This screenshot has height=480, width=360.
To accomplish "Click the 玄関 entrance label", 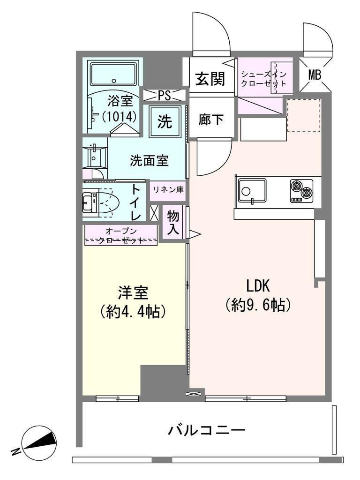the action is (x=210, y=78).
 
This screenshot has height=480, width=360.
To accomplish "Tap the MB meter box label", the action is (x=315, y=75).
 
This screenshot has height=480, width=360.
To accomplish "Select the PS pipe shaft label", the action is (x=164, y=96).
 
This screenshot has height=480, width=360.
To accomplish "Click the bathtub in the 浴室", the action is (x=113, y=75).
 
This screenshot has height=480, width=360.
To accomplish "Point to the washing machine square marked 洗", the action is (x=165, y=122).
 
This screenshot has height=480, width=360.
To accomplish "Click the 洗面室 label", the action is (x=149, y=160).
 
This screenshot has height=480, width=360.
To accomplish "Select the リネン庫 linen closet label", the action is (x=169, y=190).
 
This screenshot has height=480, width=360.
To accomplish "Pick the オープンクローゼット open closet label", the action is (x=120, y=236).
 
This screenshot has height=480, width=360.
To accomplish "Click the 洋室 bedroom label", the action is (x=133, y=292).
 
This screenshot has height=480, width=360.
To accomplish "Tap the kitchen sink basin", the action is (x=252, y=191).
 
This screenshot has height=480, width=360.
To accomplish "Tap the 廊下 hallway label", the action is (x=210, y=119).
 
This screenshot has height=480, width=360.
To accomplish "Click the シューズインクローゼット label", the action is (x=263, y=79).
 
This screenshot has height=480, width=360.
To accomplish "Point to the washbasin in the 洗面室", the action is (x=95, y=156).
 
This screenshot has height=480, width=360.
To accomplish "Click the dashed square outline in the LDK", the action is (x=304, y=115).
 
